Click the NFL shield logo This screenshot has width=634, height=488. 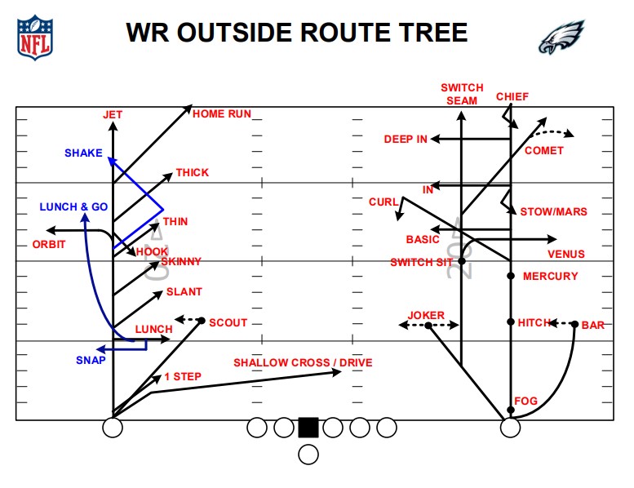(x=33, y=37)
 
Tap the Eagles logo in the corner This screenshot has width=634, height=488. (x=561, y=37)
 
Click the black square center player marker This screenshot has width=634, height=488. (x=308, y=427)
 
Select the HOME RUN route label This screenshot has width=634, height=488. (x=222, y=113)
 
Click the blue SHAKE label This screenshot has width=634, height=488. (x=83, y=153)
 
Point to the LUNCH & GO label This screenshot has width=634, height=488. (x=73, y=207)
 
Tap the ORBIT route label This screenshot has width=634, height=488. (x=49, y=244)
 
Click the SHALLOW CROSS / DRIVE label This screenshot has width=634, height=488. (x=303, y=362)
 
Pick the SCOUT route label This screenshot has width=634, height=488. (x=228, y=322)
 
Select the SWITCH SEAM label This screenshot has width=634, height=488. (x=462, y=94)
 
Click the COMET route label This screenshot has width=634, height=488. (x=544, y=151)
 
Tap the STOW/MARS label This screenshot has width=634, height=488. (x=553, y=212)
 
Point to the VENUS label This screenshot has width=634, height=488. (x=566, y=255)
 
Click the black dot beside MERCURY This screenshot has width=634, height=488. (x=511, y=276)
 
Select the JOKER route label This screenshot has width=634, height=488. (x=426, y=315)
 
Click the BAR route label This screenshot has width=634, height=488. (x=593, y=325)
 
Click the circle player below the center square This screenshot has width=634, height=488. (x=308, y=455)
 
